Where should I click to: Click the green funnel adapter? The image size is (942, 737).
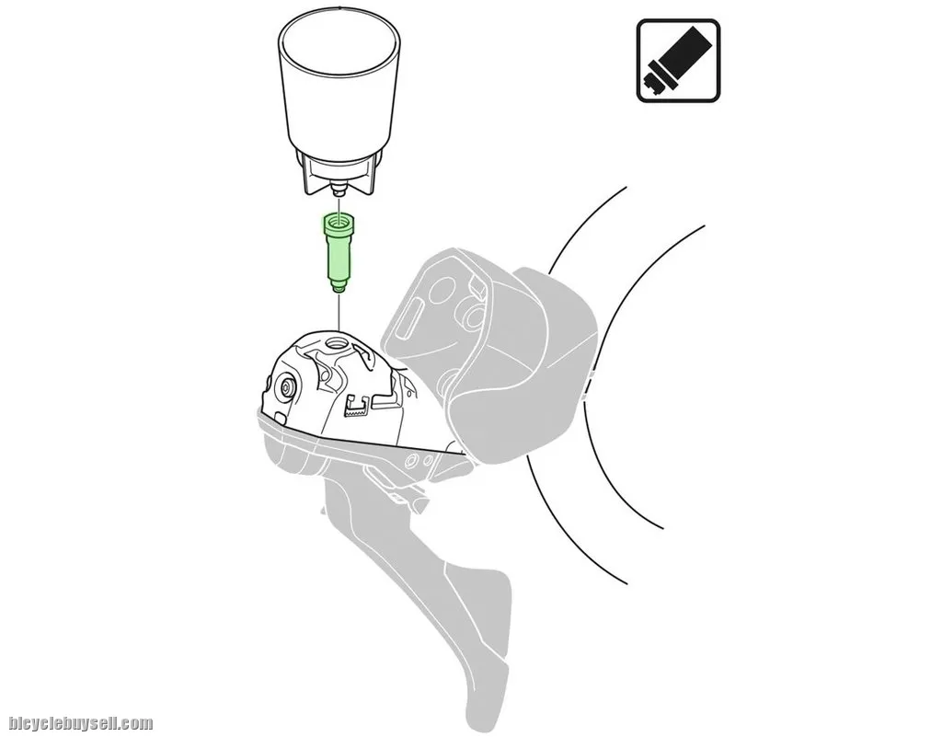click(x=339, y=253)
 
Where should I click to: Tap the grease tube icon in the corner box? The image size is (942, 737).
click(x=677, y=61)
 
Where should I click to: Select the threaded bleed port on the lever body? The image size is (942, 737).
click(x=334, y=344)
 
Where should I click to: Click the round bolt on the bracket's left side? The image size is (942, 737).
click(x=285, y=388)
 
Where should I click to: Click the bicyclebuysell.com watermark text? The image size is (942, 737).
click(x=81, y=723)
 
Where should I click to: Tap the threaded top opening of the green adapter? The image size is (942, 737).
click(x=339, y=223)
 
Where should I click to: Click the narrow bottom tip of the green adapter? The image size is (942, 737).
click(x=339, y=288)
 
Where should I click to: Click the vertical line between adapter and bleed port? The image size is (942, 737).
click(x=339, y=312)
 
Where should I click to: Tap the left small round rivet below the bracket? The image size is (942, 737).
click(x=412, y=462)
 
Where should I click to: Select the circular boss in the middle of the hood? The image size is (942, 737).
click(x=470, y=313)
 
